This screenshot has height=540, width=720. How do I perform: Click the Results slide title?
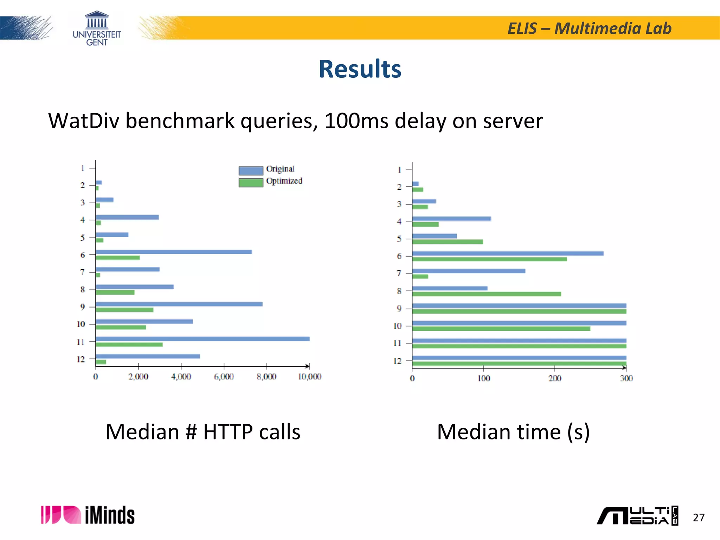[360, 69]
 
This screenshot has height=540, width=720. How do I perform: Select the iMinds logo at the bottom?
[88, 515]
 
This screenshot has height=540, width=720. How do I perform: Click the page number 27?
[698, 517]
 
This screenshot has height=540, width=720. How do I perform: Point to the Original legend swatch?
[251, 171]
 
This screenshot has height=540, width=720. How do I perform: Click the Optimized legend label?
[284, 181]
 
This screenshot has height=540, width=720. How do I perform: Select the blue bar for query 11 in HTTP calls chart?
[202, 339]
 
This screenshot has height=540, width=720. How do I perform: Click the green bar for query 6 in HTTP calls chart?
[117, 258]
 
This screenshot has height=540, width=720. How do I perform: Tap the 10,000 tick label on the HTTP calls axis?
[309, 377]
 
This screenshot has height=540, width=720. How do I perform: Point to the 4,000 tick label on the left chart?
[181, 377]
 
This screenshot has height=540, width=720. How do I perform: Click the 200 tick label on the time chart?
[555, 378]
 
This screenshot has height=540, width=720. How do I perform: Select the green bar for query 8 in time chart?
[486, 294]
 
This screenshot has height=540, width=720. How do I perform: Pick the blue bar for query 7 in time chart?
[468, 271]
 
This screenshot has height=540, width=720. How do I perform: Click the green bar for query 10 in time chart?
[501, 329]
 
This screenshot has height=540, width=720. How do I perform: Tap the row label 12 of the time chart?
[397, 361]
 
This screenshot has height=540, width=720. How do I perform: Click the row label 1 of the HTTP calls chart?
[83, 168]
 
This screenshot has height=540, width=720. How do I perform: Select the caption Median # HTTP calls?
[203, 432]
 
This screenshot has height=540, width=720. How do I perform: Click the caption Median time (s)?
[513, 432]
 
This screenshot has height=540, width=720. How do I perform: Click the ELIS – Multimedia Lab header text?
[589, 28]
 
